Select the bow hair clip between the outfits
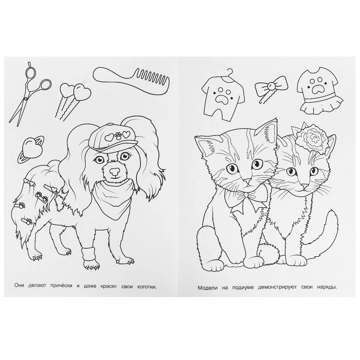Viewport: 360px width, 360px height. click(x=271, y=88)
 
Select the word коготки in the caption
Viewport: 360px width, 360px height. click(x=147, y=287)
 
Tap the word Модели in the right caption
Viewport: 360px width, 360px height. click(x=208, y=288)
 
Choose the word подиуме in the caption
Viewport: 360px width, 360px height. click(x=243, y=287)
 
